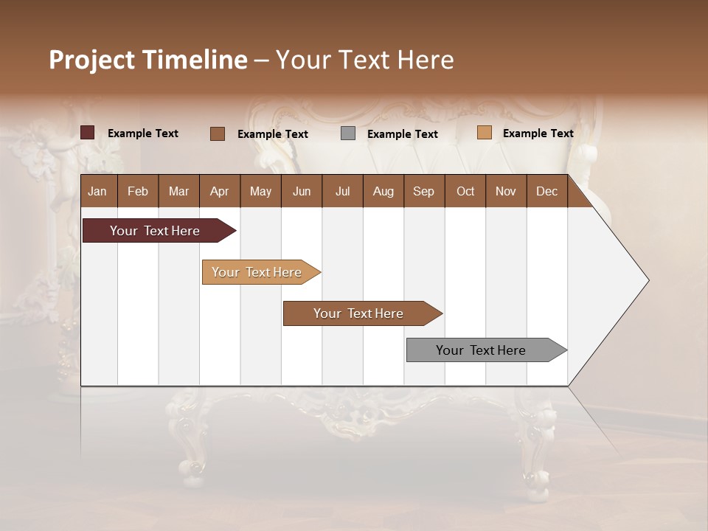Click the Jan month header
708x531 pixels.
pyautogui.click(x=97, y=192)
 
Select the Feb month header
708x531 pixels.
pyautogui.click(x=138, y=192)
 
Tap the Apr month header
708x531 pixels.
pyautogui.click(x=220, y=192)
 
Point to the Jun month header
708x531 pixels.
pyautogui.click(x=302, y=192)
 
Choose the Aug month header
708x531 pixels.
pyautogui.click(x=383, y=192)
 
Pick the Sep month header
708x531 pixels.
pyautogui.click(x=423, y=192)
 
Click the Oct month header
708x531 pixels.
pyautogui.click(x=465, y=192)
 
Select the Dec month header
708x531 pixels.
pyautogui.click(x=546, y=192)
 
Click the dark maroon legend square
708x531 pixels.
pyautogui.click(x=87, y=133)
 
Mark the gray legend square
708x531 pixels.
pyautogui.click(x=348, y=133)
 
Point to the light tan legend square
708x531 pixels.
pyautogui.click(x=484, y=133)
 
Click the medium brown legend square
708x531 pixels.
pyautogui.click(x=217, y=133)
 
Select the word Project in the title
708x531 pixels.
pyautogui.click(x=91, y=60)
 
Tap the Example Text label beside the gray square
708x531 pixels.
pyautogui.click(x=402, y=134)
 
